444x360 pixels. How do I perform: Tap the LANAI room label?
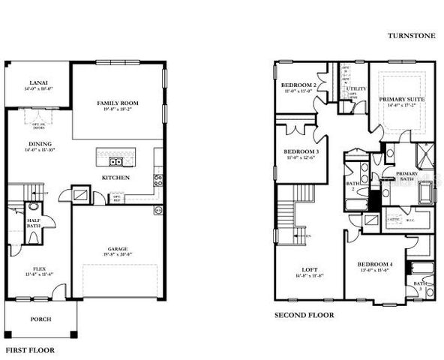click(39, 82)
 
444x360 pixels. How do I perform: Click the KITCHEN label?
click(116, 178)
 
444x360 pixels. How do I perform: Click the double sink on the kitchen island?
click(116, 161)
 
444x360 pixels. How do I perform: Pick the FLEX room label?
click(40, 268)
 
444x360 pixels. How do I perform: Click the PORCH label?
click(40, 319)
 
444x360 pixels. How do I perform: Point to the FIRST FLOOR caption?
click(30, 349)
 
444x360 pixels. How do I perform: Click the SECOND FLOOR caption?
click(304, 315)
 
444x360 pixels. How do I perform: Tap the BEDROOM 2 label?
click(298, 85)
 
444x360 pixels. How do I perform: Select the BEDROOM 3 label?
click(301, 152)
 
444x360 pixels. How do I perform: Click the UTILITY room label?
click(355, 89)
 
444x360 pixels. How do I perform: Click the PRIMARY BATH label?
click(406, 175)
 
